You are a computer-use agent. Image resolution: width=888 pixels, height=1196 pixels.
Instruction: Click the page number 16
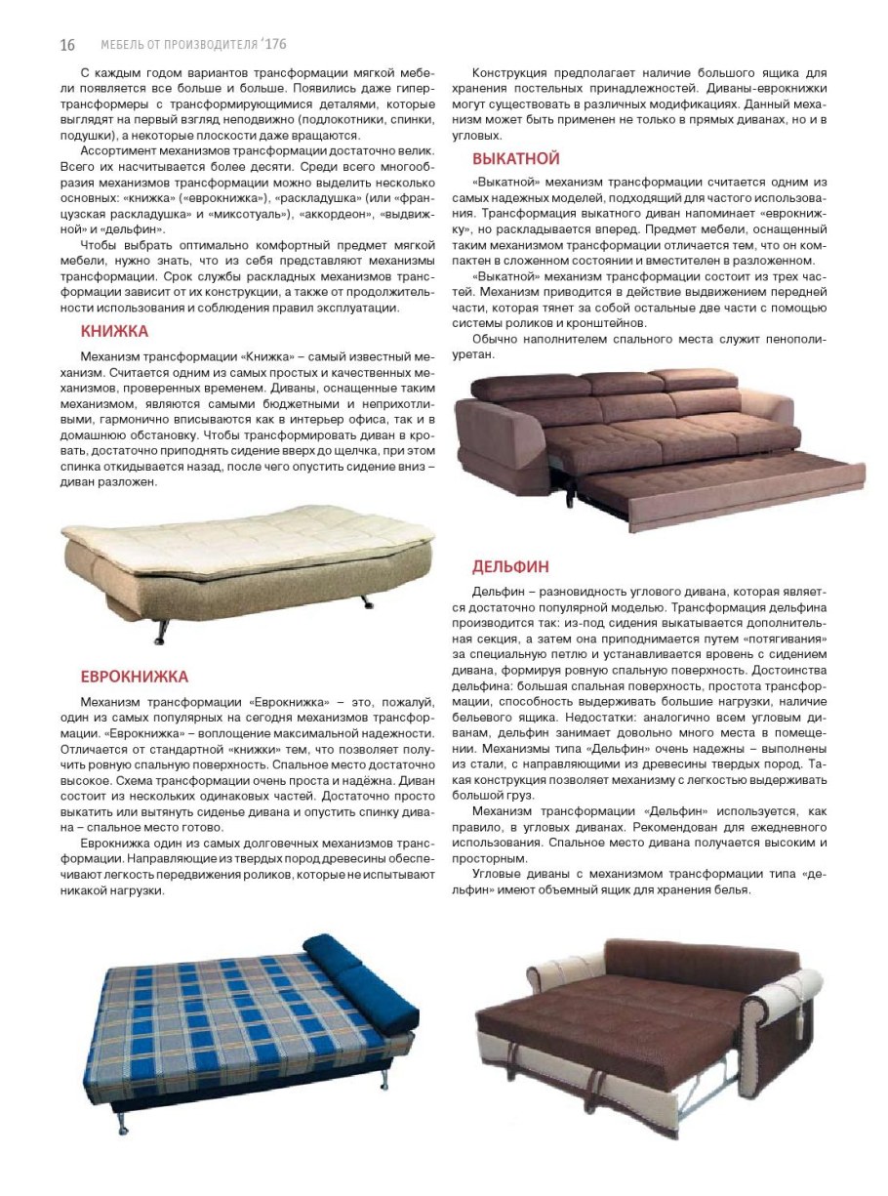(67, 45)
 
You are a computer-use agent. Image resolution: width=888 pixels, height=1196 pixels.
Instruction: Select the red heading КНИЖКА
(114, 331)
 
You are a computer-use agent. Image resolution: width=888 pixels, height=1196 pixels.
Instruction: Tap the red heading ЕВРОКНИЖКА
(135, 677)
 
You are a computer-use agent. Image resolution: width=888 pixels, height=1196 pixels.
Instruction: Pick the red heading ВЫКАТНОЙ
(516, 158)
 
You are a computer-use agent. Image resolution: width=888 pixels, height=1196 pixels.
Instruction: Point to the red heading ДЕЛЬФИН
(510, 566)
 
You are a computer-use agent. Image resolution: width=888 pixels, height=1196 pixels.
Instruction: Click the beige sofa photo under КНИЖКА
(244, 566)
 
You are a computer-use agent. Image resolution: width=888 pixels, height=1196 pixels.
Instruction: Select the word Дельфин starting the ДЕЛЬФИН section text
(498, 592)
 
